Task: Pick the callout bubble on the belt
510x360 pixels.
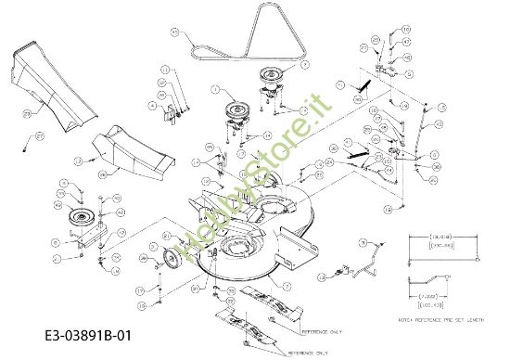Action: coord(174,32)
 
